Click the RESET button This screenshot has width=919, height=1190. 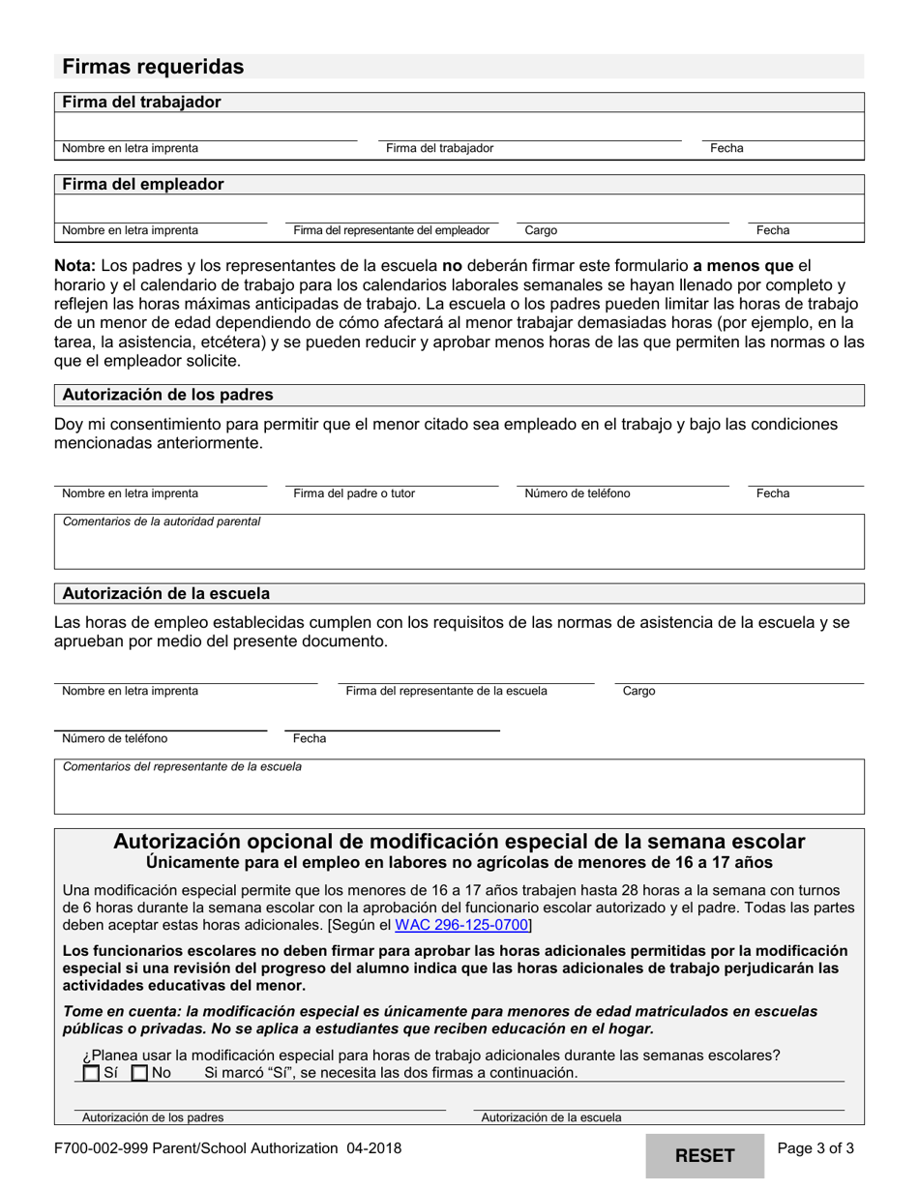[x=704, y=1155]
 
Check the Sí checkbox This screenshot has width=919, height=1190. [x=91, y=1073]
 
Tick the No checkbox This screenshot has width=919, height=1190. [x=139, y=1073]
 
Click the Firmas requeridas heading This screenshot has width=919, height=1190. [x=153, y=67]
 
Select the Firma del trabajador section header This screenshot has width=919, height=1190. [x=141, y=102]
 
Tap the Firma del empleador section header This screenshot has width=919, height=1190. [x=143, y=184]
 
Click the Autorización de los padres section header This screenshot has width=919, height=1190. [x=167, y=395]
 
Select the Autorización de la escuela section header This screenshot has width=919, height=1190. [x=165, y=593]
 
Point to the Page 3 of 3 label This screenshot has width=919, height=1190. [x=815, y=1149]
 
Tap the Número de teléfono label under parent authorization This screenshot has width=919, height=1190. [x=577, y=493]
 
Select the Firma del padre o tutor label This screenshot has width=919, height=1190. [x=354, y=493]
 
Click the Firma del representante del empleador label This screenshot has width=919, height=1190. [x=391, y=230]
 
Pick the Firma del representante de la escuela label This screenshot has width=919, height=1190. [x=446, y=691]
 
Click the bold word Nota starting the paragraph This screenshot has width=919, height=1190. [x=74, y=265]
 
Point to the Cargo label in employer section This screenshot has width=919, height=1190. [x=541, y=230]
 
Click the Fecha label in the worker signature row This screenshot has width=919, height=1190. [x=726, y=148]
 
